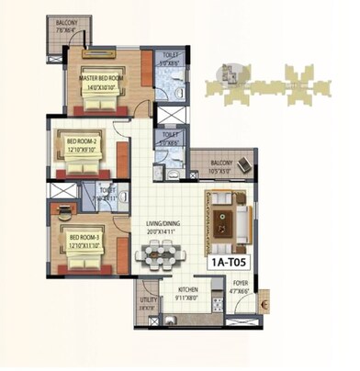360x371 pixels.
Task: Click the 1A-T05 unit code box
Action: pyautogui.click(x=229, y=263)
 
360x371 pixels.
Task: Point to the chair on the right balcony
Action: pyautogui.click(x=244, y=165)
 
